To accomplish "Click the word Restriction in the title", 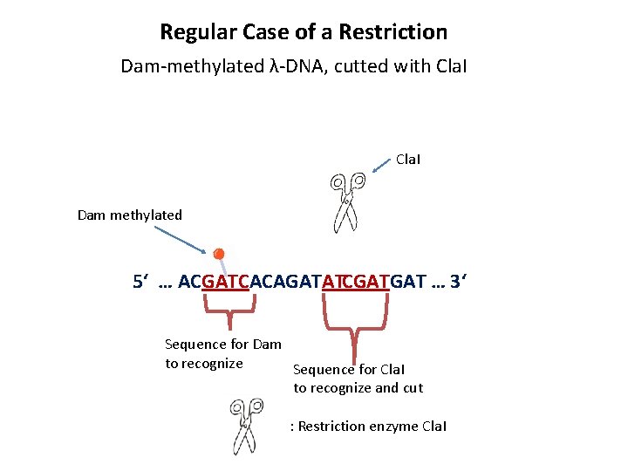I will [393, 32].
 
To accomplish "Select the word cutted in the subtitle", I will [363, 65].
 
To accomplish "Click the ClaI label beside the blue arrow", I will [409, 160].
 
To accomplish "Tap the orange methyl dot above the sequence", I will [219, 254].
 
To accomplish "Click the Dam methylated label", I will [130, 215].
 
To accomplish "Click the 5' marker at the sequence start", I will [140, 282].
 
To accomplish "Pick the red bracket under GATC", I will [229, 303].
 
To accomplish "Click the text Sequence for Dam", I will [223, 345].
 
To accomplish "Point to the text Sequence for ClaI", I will [349, 370].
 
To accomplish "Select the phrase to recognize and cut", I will [358, 388].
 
